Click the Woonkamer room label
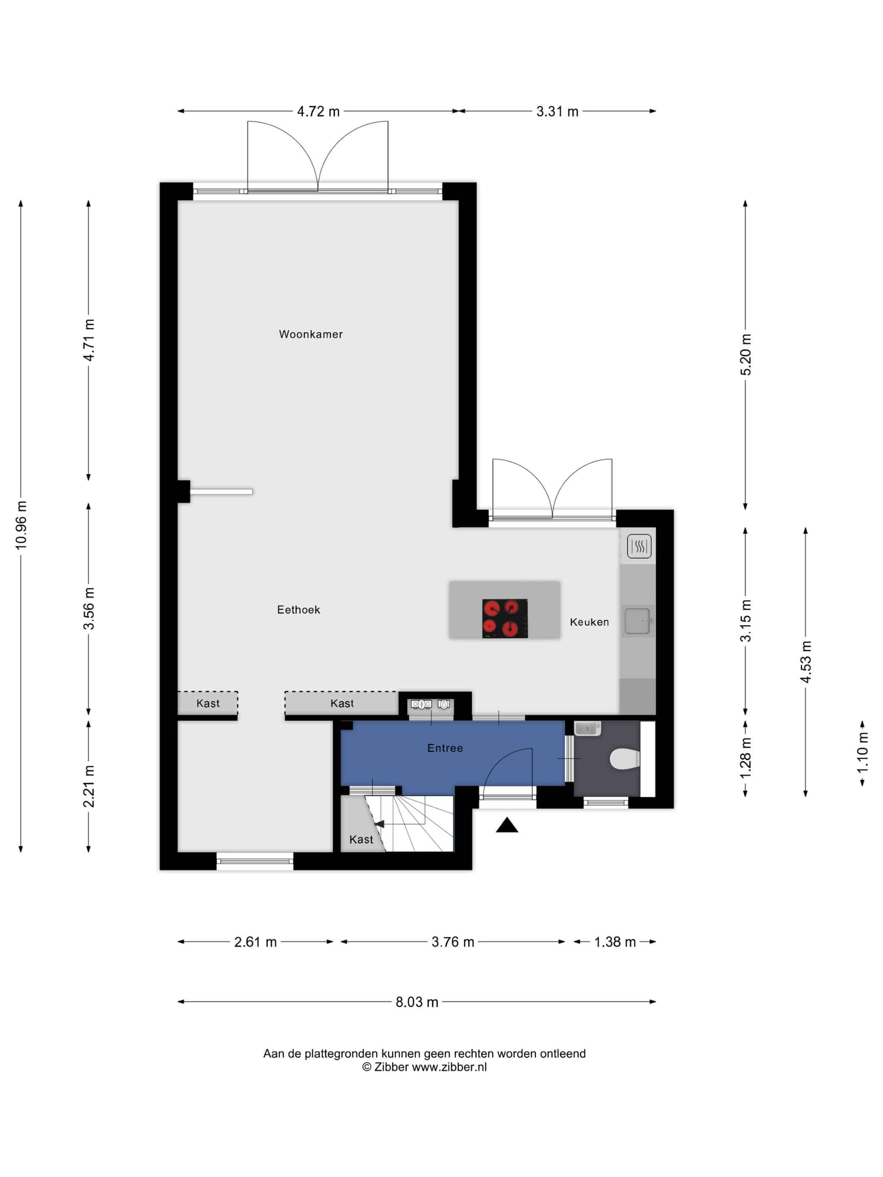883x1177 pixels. point(311,334)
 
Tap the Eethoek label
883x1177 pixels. point(299,610)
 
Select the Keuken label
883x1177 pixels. point(589,622)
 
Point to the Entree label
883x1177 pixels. point(445,748)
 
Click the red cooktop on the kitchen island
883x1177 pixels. point(505,618)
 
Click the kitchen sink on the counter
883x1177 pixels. point(637,621)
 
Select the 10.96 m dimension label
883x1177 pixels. point(21,525)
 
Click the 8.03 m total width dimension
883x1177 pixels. point(417,1003)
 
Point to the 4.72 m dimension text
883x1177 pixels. point(318,112)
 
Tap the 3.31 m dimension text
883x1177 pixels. point(557,112)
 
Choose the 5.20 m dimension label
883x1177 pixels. point(746,354)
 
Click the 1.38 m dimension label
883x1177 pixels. point(615,942)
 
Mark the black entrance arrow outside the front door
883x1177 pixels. point(507,825)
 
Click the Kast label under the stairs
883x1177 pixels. point(361,839)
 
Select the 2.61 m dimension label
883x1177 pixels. point(256,942)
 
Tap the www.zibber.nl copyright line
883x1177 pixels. point(424,1067)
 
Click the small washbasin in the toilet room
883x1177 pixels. point(587,728)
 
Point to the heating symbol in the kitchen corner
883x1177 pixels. point(639,546)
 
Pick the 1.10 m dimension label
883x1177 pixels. point(863,753)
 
